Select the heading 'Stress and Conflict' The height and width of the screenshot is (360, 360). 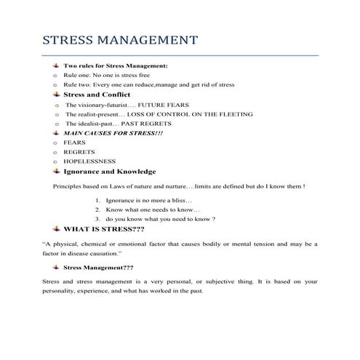pyautogui.click(x=97, y=94)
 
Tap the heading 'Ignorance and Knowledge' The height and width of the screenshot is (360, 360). pyautogui.click(x=110, y=172)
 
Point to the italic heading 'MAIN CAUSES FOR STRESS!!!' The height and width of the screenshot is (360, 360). pyautogui.click(x=113, y=133)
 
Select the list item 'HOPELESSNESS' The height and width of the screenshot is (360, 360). pyautogui.click(x=89, y=161)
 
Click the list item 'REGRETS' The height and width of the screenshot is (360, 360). pyautogui.click(x=79, y=152)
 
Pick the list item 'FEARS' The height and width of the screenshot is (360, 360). pyautogui.click(x=75, y=143)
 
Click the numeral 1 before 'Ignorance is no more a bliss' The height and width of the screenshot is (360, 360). pyautogui.click(x=97, y=200)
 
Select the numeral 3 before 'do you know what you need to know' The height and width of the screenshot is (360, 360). pyautogui.click(x=97, y=219)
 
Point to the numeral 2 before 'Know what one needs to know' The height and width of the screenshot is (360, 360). pyautogui.click(x=97, y=209)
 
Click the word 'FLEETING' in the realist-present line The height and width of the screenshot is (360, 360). pyautogui.click(x=233, y=114)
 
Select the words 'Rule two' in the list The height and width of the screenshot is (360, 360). pyautogui.click(x=78, y=84)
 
